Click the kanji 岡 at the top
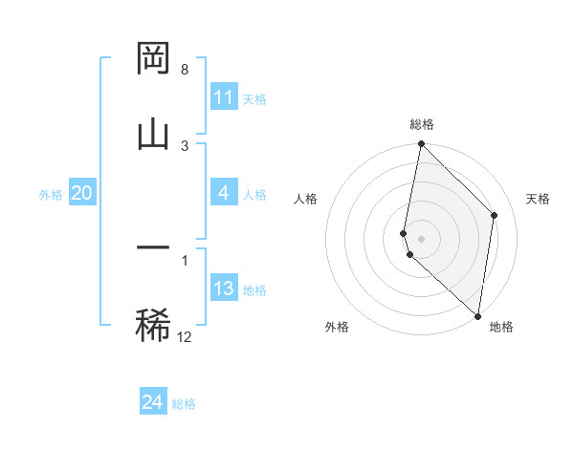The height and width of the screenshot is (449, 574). [x=153, y=59]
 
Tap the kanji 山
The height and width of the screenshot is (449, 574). [x=153, y=133]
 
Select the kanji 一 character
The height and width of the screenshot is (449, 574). [x=153, y=248]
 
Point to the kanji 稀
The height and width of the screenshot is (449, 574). [x=153, y=324]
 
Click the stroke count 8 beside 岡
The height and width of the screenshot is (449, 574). [x=185, y=70]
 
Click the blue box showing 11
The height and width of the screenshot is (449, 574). [x=224, y=97]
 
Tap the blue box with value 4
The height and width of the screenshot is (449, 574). [x=224, y=193]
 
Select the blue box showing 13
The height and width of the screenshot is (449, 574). [x=224, y=289]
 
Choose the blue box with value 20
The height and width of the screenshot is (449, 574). [x=81, y=193]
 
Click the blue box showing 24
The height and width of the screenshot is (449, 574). [x=153, y=402]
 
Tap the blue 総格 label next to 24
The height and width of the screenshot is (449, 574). [x=184, y=404]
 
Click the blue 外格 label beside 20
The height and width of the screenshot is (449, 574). [x=51, y=195]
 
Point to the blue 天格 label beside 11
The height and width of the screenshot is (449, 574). [x=254, y=99]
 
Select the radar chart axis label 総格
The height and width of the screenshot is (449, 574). [x=422, y=125]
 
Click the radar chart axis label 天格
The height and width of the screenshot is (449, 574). [x=539, y=199]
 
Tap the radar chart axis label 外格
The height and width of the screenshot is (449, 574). [x=337, y=327]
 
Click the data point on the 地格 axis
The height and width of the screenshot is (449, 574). [x=477, y=316]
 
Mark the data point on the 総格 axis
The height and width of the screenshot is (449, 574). [x=421, y=144]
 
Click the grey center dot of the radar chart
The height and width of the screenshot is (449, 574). [x=422, y=238]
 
